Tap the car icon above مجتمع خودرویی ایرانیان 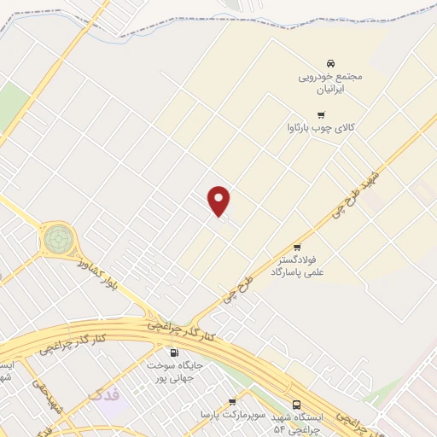point(330,63)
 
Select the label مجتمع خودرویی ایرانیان point(330,82)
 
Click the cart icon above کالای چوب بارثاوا point(321,115)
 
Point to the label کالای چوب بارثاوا point(320,130)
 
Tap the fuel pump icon point(175,353)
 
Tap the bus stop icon point(296,405)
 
